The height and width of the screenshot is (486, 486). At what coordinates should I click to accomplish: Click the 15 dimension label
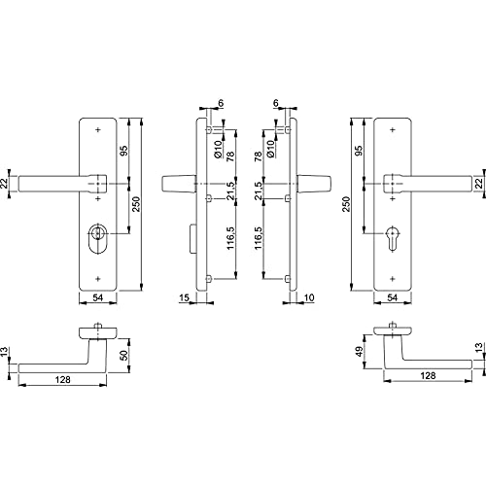[x=184, y=297]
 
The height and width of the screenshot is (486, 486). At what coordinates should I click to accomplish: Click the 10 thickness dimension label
[x=309, y=297]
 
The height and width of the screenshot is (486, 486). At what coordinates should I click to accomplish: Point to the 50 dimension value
[x=124, y=355]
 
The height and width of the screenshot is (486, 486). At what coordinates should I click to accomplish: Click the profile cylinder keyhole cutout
[x=393, y=237]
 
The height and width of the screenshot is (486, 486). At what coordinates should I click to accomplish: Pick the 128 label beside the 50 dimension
[x=62, y=379]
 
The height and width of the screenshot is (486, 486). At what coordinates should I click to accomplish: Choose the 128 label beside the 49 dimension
[x=428, y=375]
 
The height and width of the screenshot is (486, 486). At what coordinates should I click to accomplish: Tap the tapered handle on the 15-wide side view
[x=179, y=184]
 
